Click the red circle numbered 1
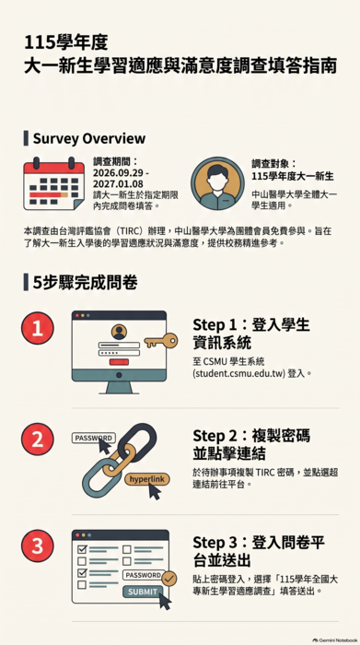coord(38,328)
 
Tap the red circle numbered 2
coord(38,439)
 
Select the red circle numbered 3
coord(38,545)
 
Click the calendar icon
coord(53,183)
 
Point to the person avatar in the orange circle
coord(217,183)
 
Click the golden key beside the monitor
coord(161,341)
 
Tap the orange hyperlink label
coord(146,479)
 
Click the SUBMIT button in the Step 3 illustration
coord(143,592)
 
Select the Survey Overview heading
coord(89,138)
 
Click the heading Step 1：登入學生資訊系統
coord(251,334)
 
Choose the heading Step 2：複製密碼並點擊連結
coord(251,444)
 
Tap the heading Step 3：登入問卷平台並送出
coord(259,551)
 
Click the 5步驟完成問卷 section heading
coord(85,283)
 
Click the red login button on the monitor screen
coord(119,362)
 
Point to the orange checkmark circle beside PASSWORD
coord(168,579)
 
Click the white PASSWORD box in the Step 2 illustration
coord(94,438)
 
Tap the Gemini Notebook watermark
coord(334,640)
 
